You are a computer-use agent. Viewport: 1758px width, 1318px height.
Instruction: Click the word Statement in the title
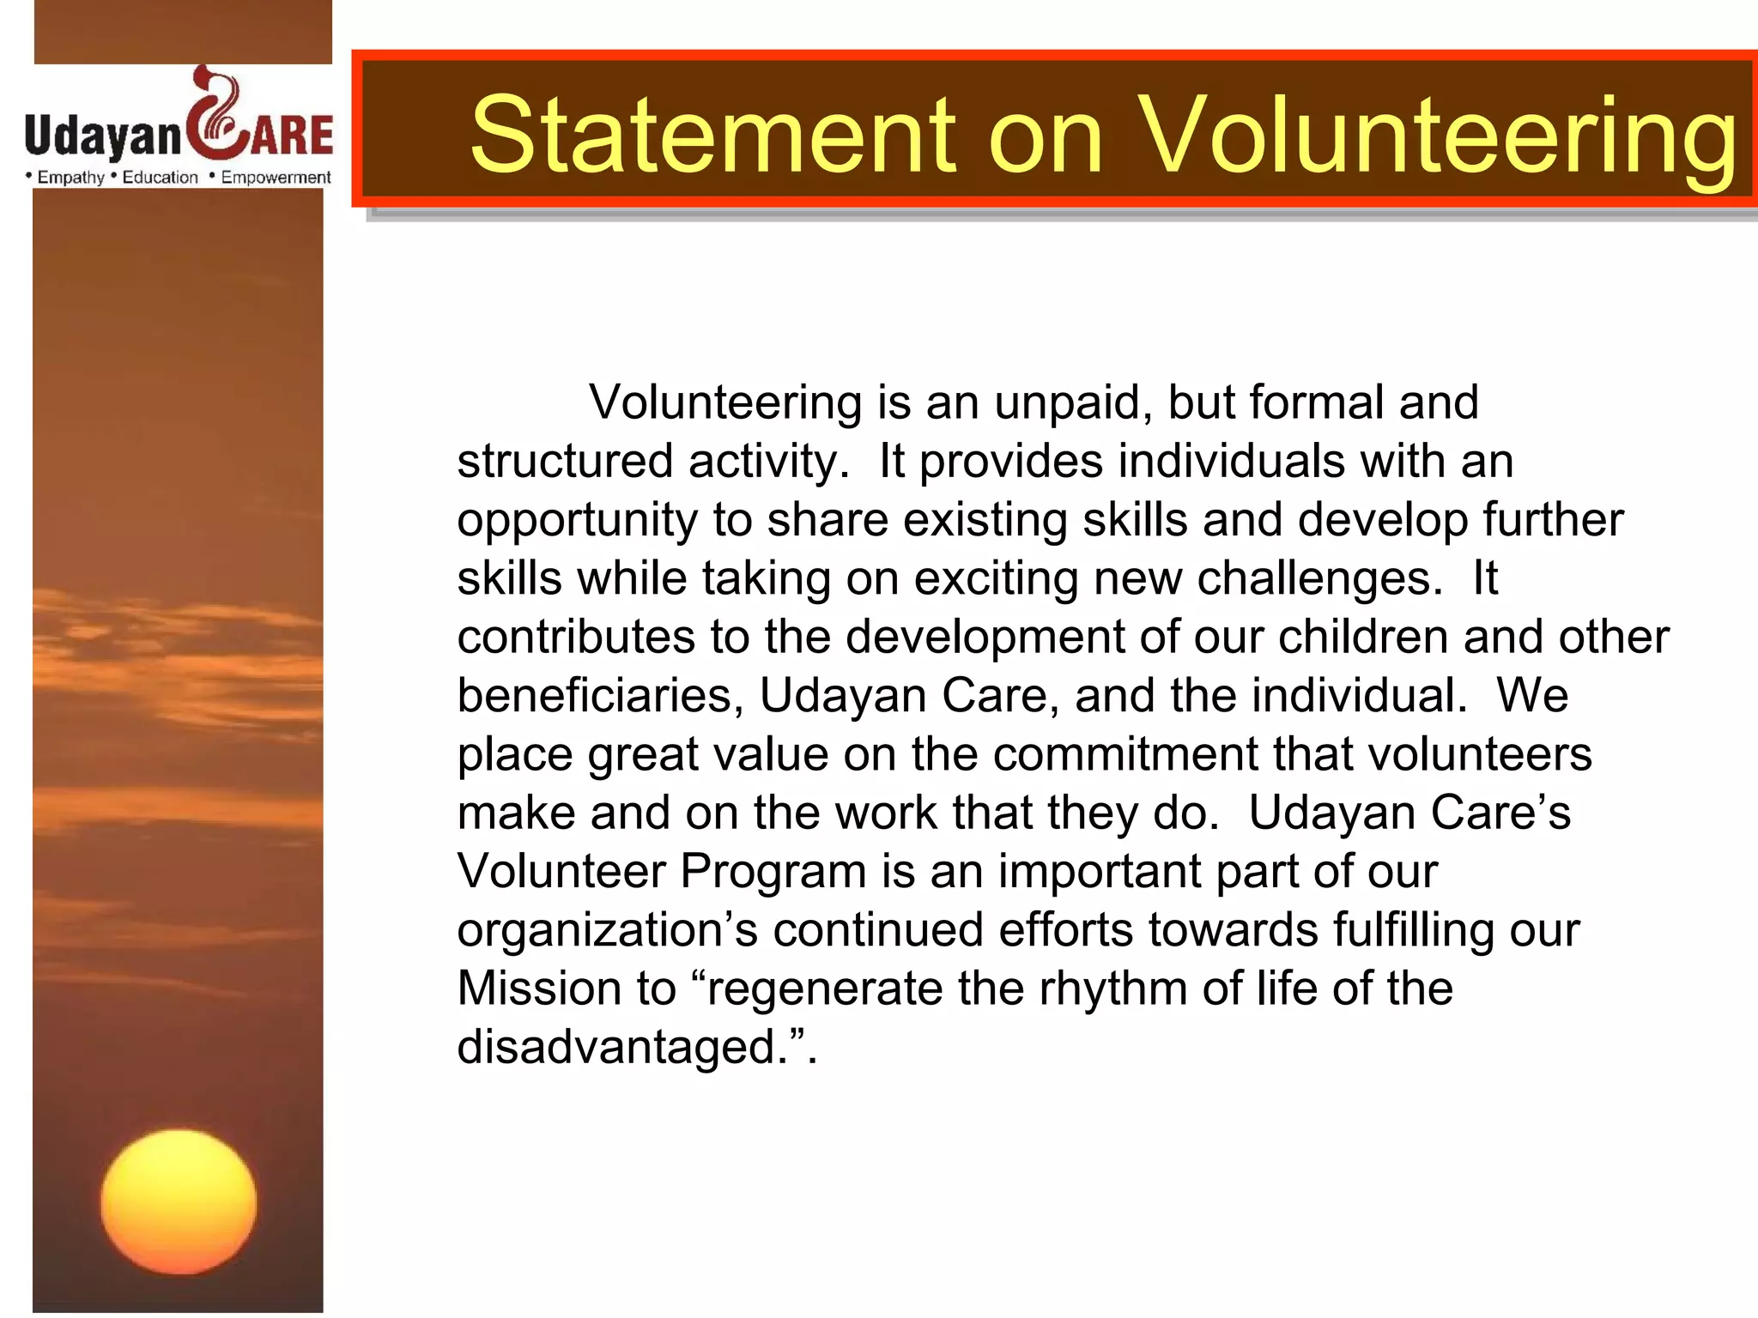[x=712, y=135]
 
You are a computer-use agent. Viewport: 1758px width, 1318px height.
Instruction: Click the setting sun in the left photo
[x=179, y=1201]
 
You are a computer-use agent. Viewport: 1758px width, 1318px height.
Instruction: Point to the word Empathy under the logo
[x=70, y=178]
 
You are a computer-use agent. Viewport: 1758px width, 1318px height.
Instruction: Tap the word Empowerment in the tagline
[x=276, y=178]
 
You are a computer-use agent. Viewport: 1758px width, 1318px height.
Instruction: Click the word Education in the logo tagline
[x=160, y=178]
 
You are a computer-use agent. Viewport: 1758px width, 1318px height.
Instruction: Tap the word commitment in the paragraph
[x=1126, y=754]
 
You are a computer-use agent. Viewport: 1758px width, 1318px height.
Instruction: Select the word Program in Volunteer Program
[x=773, y=871]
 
